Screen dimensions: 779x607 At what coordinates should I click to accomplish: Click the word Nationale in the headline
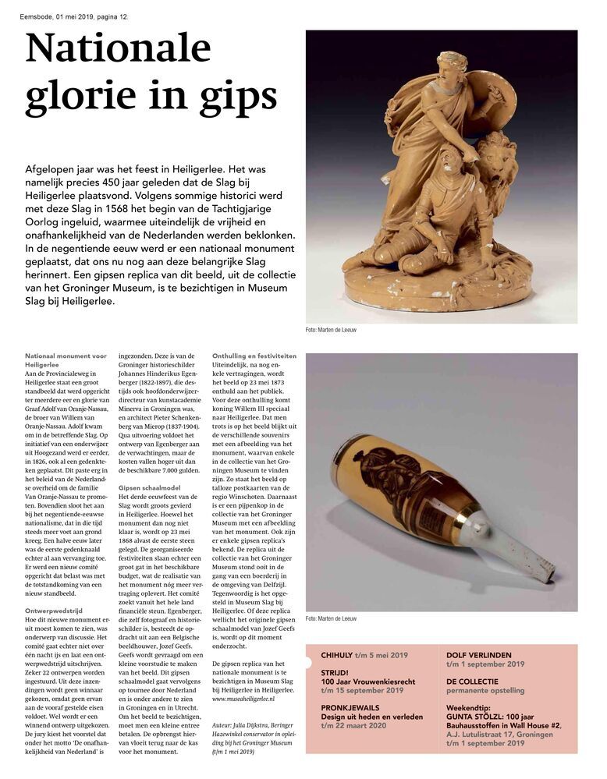click(118, 48)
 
